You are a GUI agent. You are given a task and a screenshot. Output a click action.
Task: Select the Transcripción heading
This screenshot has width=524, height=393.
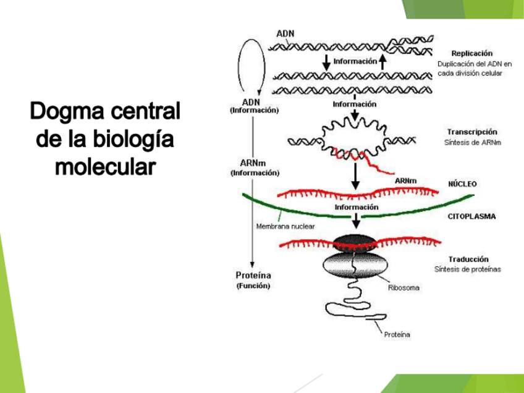[471, 132]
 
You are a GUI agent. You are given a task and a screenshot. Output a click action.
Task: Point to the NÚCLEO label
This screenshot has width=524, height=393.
[462, 184]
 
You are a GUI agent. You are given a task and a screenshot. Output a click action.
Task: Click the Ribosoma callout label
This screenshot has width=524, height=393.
[403, 287]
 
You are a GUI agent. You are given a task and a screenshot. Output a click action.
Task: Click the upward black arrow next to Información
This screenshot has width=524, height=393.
[384, 61]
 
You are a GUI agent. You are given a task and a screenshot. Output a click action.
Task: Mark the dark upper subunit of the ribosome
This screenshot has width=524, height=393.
[353, 243]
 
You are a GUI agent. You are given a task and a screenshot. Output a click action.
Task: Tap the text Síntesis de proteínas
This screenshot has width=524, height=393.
[467, 269]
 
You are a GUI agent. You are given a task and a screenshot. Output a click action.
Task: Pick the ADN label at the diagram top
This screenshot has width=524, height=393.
[285, 33]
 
